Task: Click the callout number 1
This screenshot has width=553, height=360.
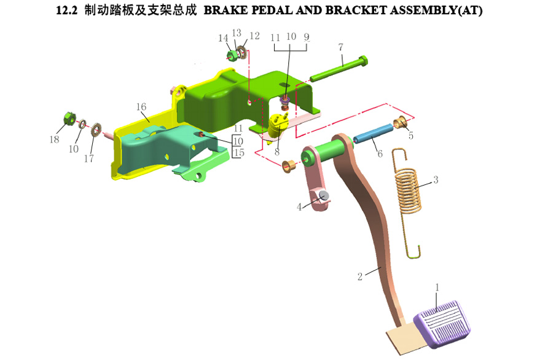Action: coord(437,287)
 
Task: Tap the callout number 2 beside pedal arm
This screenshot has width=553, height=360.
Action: coord(361,276)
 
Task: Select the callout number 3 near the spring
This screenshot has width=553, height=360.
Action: coord(435,180)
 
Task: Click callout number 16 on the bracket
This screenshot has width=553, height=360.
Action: coord(141,108)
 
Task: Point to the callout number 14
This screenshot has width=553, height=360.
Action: coord(223,38)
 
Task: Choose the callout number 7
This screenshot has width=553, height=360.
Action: coord(340,47)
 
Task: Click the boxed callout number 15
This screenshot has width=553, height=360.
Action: coord(238,152)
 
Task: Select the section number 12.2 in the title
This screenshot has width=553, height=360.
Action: coord(64,11)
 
